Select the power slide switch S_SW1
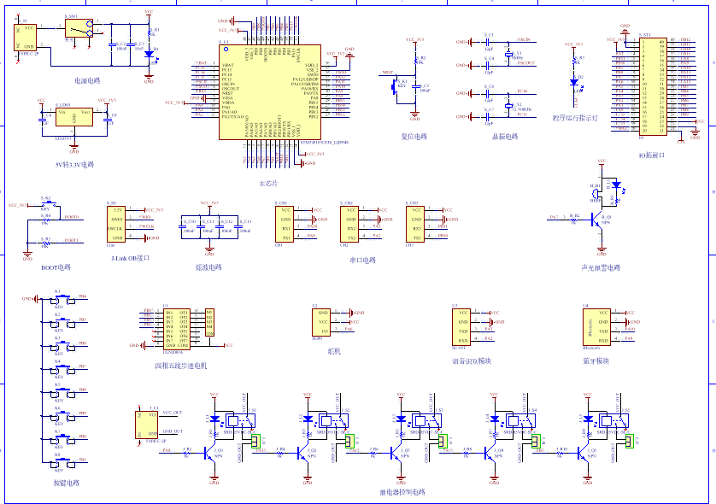[x=79, y=31]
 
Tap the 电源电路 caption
[x=87, y=80]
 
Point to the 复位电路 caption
[x=414, y=136]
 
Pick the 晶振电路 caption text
[x=504, y=136]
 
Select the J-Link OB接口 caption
[x=130, y=257]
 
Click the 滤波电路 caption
[x=208, y=267]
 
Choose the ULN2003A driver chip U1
[x=182, y=325]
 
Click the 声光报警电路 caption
[x=601, y=267]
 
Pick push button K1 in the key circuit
[x=58, y=299]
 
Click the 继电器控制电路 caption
[x=402, y=492]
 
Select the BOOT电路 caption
[x=56, y=267]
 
